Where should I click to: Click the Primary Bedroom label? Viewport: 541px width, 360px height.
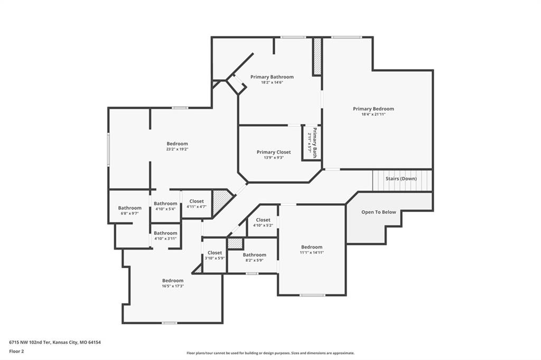click(374, 109)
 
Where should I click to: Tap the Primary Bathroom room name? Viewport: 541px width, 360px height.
click(272, 77)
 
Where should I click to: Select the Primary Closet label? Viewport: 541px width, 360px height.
click(274, 152)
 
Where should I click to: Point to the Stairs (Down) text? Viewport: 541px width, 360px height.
click(401, 178)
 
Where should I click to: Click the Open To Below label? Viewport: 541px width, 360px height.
click(378, 212)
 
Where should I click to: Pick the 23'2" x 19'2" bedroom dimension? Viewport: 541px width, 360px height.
click(178, 149)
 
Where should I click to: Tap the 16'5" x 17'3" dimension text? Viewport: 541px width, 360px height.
click(173, 286)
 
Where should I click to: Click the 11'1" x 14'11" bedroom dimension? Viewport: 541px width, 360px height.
click(312, 252)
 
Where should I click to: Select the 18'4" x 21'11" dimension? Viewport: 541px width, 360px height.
click(374, 114)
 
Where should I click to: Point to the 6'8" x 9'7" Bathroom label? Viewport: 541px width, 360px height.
click(130, 208)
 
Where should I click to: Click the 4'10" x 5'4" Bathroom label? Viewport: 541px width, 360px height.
click(165, 203)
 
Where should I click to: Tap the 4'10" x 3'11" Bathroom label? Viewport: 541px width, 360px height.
click(165, 233)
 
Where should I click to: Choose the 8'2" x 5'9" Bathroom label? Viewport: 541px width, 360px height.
click(255, 255)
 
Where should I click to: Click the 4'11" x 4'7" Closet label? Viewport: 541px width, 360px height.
click(197, 201)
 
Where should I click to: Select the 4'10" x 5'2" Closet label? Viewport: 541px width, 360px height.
click(263, 220)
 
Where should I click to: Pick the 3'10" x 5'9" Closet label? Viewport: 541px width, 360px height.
click(215, 253)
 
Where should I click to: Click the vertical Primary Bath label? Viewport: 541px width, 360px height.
click(315, 143)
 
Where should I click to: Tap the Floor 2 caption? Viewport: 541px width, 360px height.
click(16, 352)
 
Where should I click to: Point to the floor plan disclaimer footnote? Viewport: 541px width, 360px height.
click(270, 353)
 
